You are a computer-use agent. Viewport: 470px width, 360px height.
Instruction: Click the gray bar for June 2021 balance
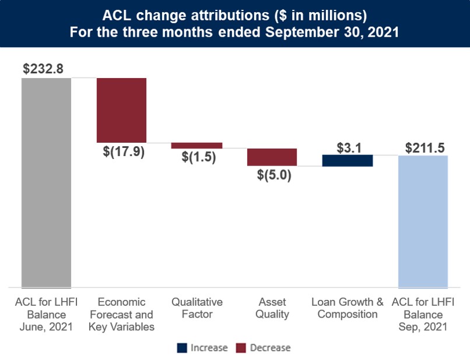(47, 182)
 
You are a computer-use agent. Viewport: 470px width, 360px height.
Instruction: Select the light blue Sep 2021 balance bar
(423, 221)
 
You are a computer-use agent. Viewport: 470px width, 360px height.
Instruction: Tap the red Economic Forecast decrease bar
(121, 110)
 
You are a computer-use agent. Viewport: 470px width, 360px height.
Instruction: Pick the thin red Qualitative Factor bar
(197, 146)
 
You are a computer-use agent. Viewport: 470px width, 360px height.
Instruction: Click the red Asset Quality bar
(272, 157)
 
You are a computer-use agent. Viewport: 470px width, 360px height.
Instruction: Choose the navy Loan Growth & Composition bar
(348, 161)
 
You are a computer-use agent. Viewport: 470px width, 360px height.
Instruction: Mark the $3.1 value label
(348, 147)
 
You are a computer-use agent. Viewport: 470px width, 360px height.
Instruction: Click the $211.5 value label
(423, 147)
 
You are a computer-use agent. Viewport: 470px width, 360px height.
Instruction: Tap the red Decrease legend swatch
(241, 348)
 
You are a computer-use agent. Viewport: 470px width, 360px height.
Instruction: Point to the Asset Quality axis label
(272, 308)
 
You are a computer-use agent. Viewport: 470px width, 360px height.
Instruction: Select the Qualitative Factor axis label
(197, 308)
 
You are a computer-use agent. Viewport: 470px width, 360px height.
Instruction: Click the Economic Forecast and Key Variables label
(121, 315)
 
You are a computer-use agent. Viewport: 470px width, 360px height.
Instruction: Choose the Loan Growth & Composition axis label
(348, 308)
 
